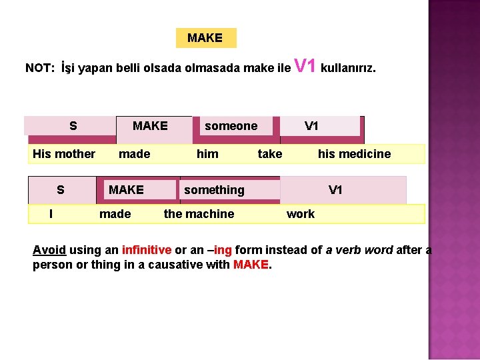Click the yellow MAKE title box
pyautogui.click(x=205, y=38)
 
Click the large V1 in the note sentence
pyautogui.click(x=305, y=66)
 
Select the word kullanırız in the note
pyautogui.click(x=348, y=68)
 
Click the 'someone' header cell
pyautogui.click(x=231, y=126)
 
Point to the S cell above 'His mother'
pyautogui.click(x=73, y=126)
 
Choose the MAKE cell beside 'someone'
pyautogui.click(x=150, y=126)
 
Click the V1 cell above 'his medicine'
pyautogui.click(x=311, y=126)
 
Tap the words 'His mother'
pyautogui.click(x=64, y=154)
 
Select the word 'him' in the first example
pyautogui.click(x=207, y=154)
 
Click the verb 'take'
pyautogui.click(x=270, y=154)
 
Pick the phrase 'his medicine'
pyautogui.click(x=354, y=154)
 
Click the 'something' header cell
pyautogui.click(x=214, y=190)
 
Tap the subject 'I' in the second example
pyautogui.click(x=51, y=214)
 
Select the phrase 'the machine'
pyautogui.click(x=199, y=214)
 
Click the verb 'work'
pyautogui.click(x=301, y=214)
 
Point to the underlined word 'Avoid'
pyautogui.click(x=49, y=250)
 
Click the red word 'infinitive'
pyautogui.click(x=147, y=250)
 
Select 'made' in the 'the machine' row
pyautogui.click(x=115, y=214)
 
